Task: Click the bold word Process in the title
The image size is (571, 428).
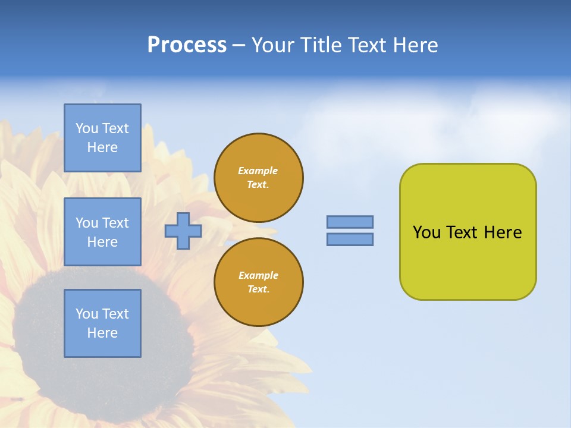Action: tap(187, 45)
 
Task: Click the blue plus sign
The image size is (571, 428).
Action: tap(183, 231)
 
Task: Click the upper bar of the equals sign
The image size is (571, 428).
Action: tap(350, 222)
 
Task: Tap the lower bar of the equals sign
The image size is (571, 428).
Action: tap(350, 239)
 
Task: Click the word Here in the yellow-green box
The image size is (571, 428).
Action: tap(503, 232)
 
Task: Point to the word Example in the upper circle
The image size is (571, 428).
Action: tap(258, 171)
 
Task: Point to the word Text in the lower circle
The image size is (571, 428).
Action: tap(258, 289)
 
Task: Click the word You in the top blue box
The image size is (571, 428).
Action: tap(87, 128)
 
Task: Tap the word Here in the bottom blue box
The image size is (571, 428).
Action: tap(102, 333)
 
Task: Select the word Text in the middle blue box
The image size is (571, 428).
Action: tap(115, 223)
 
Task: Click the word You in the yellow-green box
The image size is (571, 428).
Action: tap(426, 232)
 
